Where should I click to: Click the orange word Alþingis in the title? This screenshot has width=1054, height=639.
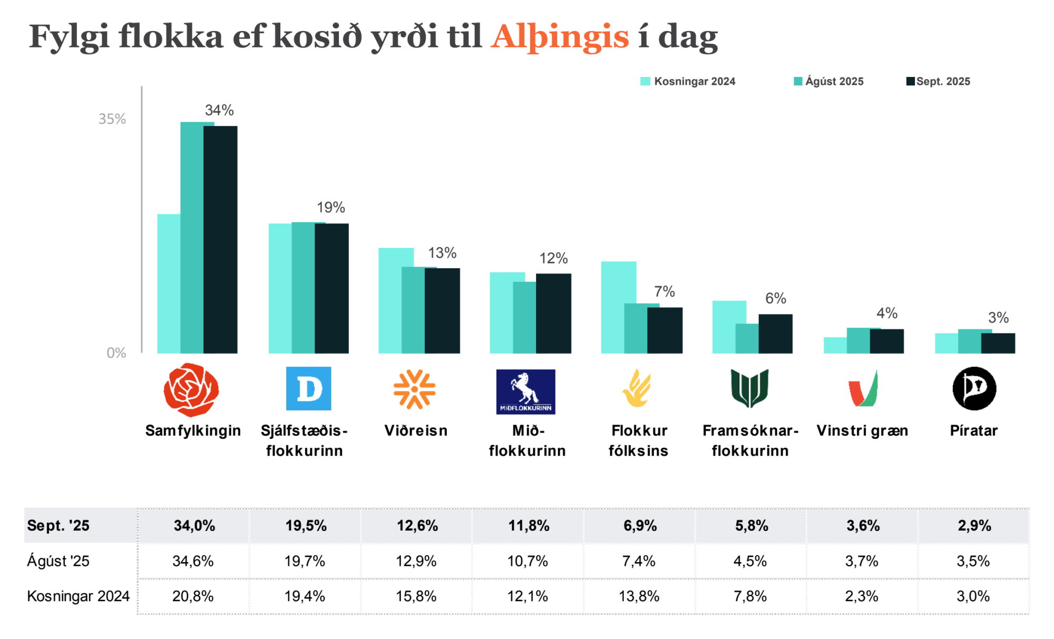tap(560, 37)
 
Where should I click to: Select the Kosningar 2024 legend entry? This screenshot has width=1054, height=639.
tap(688, 82)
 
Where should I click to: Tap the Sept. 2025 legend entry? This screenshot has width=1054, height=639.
tap(938, 82)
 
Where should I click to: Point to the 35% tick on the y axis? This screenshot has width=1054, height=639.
tap(112, 119)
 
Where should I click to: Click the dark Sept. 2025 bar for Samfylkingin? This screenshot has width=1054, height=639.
tap(221, 240)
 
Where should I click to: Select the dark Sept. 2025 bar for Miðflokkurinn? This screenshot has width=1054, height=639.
tap(554, 313)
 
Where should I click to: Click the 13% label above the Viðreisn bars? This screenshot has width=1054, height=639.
tap(442, 253)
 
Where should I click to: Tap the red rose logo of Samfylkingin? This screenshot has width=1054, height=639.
tap(191, 389)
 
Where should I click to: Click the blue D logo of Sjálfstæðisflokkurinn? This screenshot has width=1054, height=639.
tap(308, 388)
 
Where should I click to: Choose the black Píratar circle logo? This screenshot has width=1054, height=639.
tap(974, 389)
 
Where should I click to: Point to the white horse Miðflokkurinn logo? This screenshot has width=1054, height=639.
tap(525, 391)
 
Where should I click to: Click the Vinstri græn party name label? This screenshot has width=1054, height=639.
tap(862, 431)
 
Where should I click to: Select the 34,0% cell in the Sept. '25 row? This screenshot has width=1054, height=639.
tap(194, 526)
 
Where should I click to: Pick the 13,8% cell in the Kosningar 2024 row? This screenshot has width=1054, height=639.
tap(639, 596)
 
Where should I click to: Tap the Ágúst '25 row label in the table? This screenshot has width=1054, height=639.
tap(58, 561)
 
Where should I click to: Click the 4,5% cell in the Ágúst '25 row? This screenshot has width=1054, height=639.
tap(750, 561)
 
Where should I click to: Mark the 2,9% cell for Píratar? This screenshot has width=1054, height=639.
tap(974, 526)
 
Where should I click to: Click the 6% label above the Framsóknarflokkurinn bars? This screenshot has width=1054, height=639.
tap(776, 299)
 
